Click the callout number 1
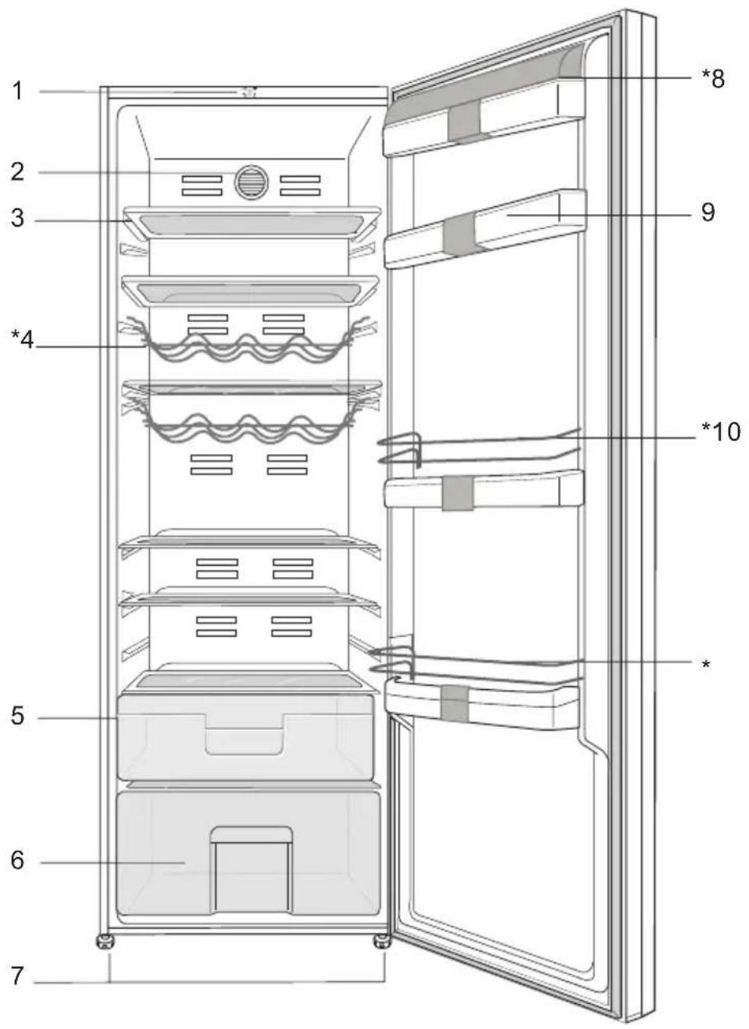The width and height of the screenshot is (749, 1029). tap(17, 91)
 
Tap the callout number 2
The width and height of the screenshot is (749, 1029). tap(17, 172)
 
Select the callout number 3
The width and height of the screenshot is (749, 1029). tap(17, 218)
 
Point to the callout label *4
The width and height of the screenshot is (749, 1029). tap(23, 340)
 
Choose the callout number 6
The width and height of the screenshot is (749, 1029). tap(17, 860)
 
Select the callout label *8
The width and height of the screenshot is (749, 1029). tap(713, 79)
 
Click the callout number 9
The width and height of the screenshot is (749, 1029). tap(708, 213)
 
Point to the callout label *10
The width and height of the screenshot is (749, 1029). tap(721, 432)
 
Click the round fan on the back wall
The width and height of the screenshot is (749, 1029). tap(251, 182)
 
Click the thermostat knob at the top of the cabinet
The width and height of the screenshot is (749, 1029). tap(248, 92)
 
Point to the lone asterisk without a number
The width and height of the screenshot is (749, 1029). tap(706, 665)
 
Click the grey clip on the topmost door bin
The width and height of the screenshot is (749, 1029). tap(464, 121)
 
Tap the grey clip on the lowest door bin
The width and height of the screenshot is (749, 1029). tap(455, 704)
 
